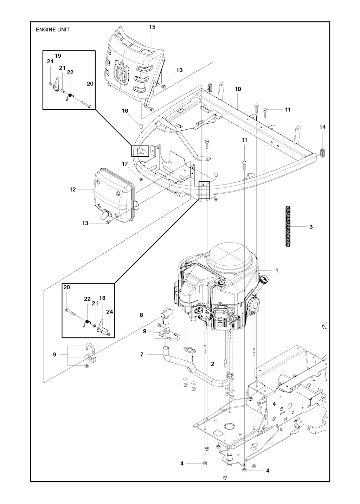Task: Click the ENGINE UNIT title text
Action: (53, 30)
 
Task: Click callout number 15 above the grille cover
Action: (152, 27)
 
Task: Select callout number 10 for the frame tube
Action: (238, 89)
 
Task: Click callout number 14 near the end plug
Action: (322, 127)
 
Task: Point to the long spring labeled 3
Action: (286, 227)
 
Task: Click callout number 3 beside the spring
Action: (311, 227)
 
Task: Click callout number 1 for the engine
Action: (277, 271)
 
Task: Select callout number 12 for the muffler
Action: (73, 189)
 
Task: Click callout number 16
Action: (125, 111)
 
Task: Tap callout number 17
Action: (125, 164)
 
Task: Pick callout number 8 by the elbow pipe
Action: (141, 315)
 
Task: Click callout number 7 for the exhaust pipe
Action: (142, 355)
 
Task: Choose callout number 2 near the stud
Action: (213, 364)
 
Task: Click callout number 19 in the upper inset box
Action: (58, 56)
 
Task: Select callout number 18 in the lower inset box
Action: (102, 298)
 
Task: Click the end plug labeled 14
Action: (323, 154)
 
